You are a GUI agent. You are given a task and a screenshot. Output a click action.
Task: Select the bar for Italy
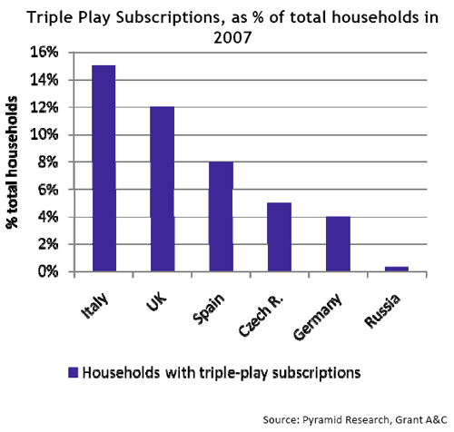pyautogui.click(x=104, y=168)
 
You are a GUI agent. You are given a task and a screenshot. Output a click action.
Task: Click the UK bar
pyautogui.click(x=163, y=189)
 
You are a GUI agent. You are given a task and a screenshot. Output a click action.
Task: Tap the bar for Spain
pyautogui.click(x=222, y=216)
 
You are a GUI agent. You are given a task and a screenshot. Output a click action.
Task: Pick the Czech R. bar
pyautogui.click(x=280, y=237)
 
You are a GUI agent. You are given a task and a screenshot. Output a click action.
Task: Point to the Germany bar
pyautogui.click(x=338, y=244)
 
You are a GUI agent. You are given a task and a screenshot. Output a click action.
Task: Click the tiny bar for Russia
pyautogui.click(x=397, y=269)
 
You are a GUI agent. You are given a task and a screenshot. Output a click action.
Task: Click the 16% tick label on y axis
pyautogui.click(x=44, y=53)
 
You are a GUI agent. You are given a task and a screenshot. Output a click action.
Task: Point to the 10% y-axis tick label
pyautogui.click(x=44, y=134)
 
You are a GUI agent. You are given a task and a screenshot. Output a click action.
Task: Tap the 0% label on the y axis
pyautogui.click(x=48, y=271)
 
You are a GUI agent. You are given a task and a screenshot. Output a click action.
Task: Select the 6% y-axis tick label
pyautogui.click(x=48, y=190)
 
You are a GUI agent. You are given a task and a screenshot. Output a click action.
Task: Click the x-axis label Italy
pyautogui.click(x=94, y=306)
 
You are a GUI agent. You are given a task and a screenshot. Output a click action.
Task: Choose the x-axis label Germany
pyautogui.click(x=318, y=317)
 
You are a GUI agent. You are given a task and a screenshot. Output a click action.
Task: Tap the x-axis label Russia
pyautogui.click(x=382, y=311)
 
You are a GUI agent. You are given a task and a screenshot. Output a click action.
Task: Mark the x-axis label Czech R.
pyautogui.click(x=261, y=316)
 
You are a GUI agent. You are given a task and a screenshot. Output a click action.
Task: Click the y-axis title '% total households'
pyautogui.click(x=12, y=162)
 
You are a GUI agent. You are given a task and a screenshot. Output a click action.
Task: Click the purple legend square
pyautogui.click(x=73, y=372)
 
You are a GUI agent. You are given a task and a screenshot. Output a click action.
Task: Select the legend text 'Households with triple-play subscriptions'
pyautogui.click(x=222, y=373)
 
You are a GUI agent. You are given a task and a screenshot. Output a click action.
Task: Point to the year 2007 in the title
pyautogui.click(x=232, y=38)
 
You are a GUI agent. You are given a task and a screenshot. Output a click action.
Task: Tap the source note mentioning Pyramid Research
pyautogui.click(x=355, y=420)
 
